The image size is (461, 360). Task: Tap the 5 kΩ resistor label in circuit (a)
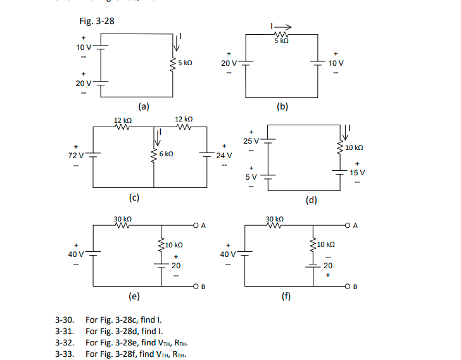(185, 63)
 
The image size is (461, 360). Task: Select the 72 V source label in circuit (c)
(75, 155)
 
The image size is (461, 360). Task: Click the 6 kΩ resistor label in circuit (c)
(167, 154)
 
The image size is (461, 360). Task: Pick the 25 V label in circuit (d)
(251, 140)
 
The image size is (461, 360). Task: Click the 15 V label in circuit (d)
(357, 172)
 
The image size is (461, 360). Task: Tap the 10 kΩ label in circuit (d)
(355, 147)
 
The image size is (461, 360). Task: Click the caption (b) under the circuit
(282, 107)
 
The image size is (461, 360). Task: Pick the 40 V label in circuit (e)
(76, 254)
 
